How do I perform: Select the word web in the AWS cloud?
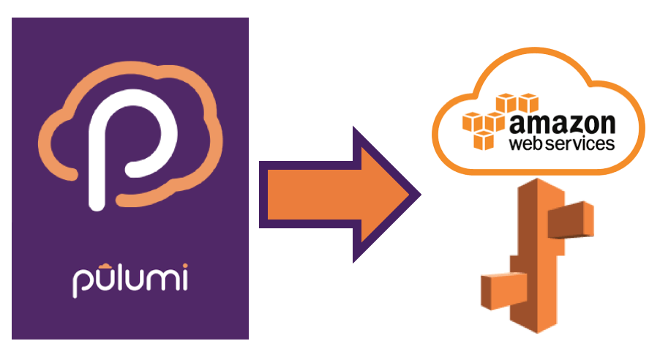coord(528,143)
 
